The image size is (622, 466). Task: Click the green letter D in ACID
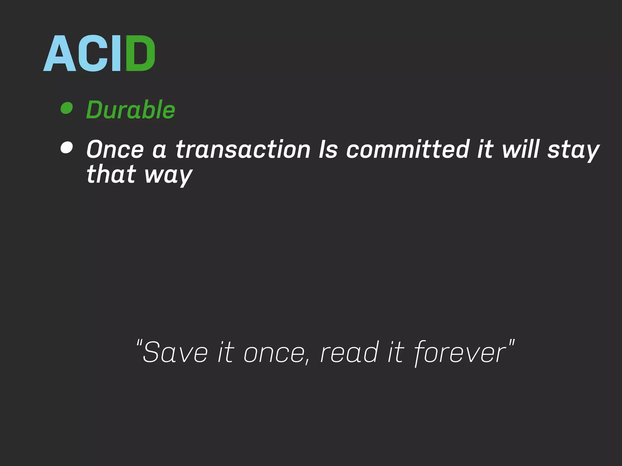pyautogui.click(x=140, y=53)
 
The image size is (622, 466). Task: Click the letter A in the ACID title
pyautogui.click(x=60, y=53)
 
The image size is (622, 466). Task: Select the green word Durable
pyautogui.click(x=131, y=110)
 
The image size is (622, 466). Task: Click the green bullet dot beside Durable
pyautogui.click(x=67, y=108)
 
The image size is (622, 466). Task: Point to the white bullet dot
pyautogui.click(x=67, y=148)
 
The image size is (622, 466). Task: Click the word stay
pyautogui.click(x=573, y=150)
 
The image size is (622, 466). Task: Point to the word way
pyautogui.click(x=168, y=175)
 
